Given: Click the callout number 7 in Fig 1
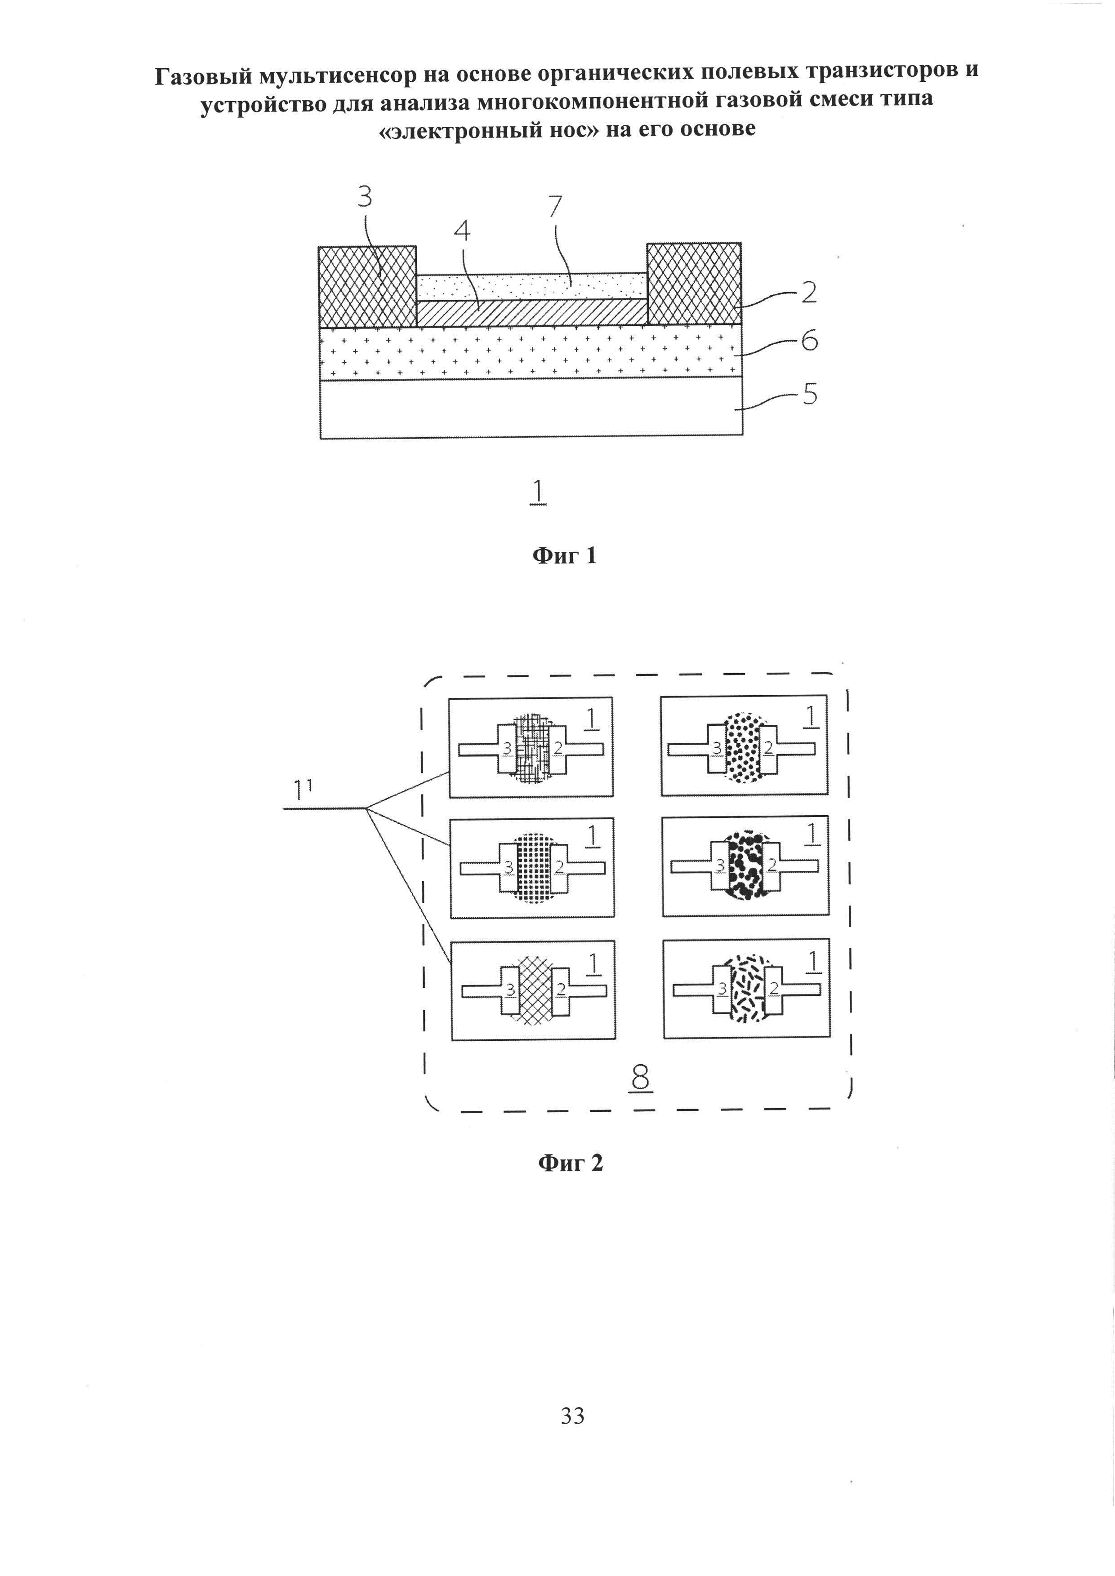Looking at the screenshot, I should (555, 207).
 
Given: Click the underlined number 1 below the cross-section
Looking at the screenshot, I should (538, 492).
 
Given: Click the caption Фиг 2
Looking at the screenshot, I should (570, 1163).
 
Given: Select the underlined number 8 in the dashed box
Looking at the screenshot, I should (641, 1079).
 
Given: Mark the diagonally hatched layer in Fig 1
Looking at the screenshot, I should (532, 314).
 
